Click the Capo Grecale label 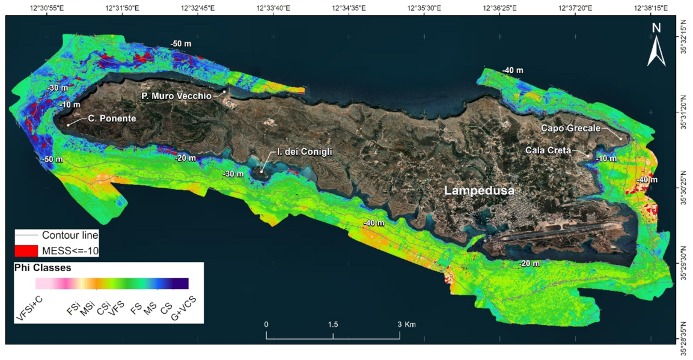[570, 127]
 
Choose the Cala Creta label [548, 150]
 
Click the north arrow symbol [656, 46]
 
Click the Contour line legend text [70, 235]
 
